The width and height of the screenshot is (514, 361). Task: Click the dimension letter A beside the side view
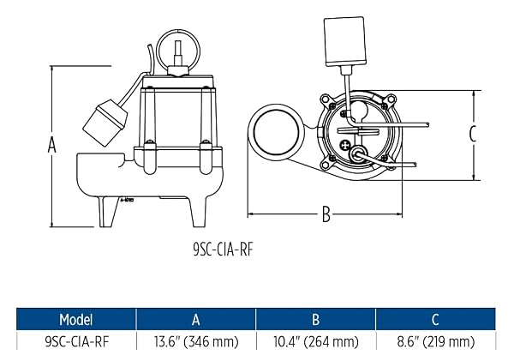pyautogui.click(x=51, y=145)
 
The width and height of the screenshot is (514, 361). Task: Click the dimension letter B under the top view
pyautogui.click(x=326, y=214)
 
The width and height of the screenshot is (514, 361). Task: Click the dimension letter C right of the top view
pyautogui.click(x=472, y=134)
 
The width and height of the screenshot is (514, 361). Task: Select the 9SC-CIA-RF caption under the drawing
pyautogui.click(x=224, y=250)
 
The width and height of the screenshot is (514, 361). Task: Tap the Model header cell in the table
pyautogui.click(x=76, y=319)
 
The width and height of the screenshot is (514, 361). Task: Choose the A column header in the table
pyautogui.click(x=195, y=319)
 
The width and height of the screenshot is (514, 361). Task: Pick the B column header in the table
pyautogui.click(x=315, y=319)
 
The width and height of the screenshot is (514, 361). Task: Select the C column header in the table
pyautogui.click(x=435, y=319)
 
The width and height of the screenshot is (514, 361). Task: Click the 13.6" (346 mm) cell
pyautogui.click(x=196, y=342)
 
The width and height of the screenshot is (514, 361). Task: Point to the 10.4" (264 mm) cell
pyautogui.click(x=316, y=342)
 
